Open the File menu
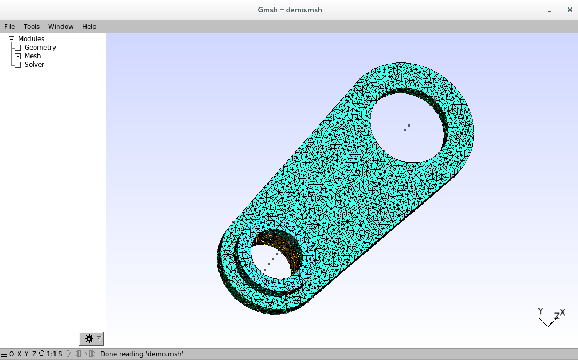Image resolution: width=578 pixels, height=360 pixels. [x=10, y=27]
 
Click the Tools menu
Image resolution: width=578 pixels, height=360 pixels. [x=32, y=27]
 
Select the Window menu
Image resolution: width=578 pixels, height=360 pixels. [x=61, y=27]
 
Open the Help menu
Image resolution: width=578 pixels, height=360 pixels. [x=89, y=27]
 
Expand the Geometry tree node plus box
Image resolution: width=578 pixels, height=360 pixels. [x=18, y=48]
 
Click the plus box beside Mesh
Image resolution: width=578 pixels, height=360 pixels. [x=18, y=56]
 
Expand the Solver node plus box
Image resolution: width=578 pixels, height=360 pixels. [x=18, y=65]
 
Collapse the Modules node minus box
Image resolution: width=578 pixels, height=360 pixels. [x=11, y=39]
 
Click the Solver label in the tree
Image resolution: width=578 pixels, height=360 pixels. [x=34, y=65]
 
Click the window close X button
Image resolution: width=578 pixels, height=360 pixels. [x=569, y=10]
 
